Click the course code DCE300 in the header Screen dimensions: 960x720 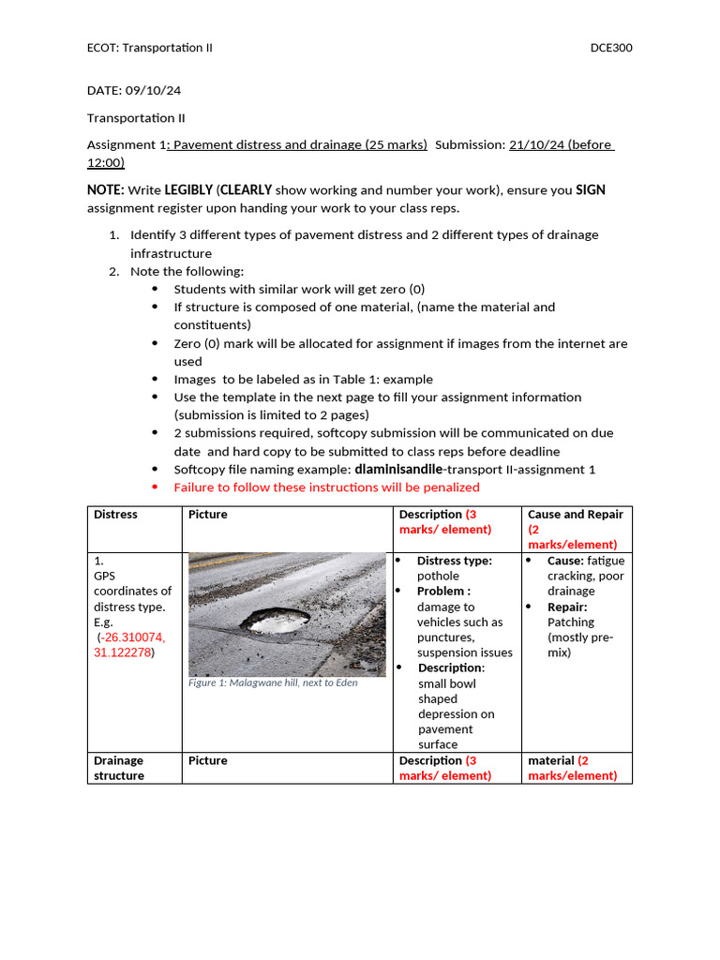tap(610, 48)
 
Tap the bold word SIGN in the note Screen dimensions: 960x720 tap(590, 190)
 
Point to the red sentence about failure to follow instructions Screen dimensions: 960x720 tap(326, 487)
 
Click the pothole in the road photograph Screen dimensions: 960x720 tap(277, 619)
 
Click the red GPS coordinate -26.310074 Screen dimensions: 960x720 tap(132, 637)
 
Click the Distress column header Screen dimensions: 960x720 tap(115, 515)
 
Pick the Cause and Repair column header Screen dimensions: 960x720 tap(575, 515)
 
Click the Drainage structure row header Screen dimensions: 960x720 tap(118, 768)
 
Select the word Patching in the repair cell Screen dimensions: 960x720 tap(571, 622)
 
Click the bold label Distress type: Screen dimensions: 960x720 tap(454, 561)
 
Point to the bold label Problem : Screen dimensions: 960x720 tap(443, 592)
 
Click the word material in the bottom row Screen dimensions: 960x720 tap(550, 760)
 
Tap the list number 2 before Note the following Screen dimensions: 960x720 tap(112, 272)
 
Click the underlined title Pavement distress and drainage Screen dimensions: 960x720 tap(300, 145)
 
